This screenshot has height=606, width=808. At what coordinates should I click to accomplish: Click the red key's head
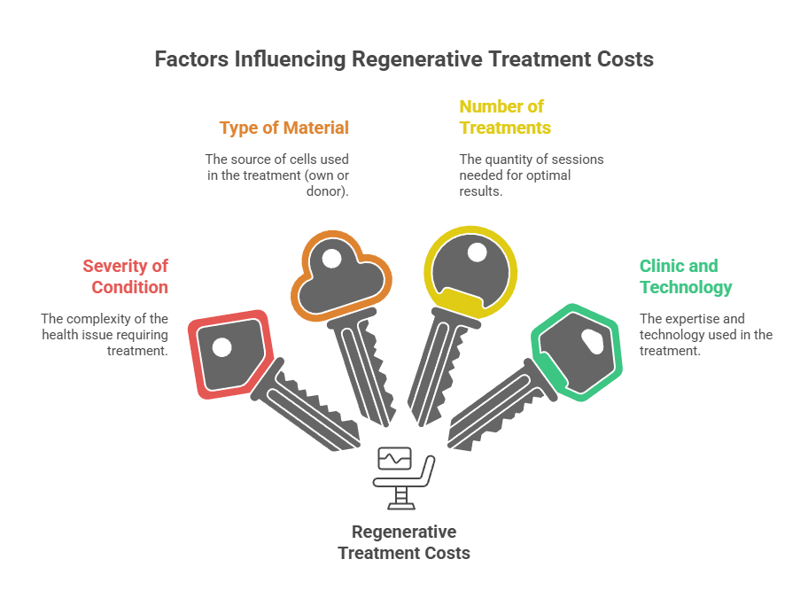229,352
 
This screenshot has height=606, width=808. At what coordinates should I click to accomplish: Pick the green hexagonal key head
577,350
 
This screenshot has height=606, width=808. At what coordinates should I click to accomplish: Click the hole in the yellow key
477,252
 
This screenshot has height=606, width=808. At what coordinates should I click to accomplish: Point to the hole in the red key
221,346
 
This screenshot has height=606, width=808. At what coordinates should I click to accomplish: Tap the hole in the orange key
330,260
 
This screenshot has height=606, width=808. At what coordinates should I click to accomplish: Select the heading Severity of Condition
125,276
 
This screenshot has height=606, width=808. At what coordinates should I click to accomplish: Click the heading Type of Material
284,128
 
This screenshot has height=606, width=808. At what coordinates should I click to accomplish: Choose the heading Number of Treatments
504,117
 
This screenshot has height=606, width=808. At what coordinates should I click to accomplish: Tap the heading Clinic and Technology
685,276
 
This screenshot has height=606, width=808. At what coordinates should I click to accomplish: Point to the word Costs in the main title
624,60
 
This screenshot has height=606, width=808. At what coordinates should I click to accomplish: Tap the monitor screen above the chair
394,459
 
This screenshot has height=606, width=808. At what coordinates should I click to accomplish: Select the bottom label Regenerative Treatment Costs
404,542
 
